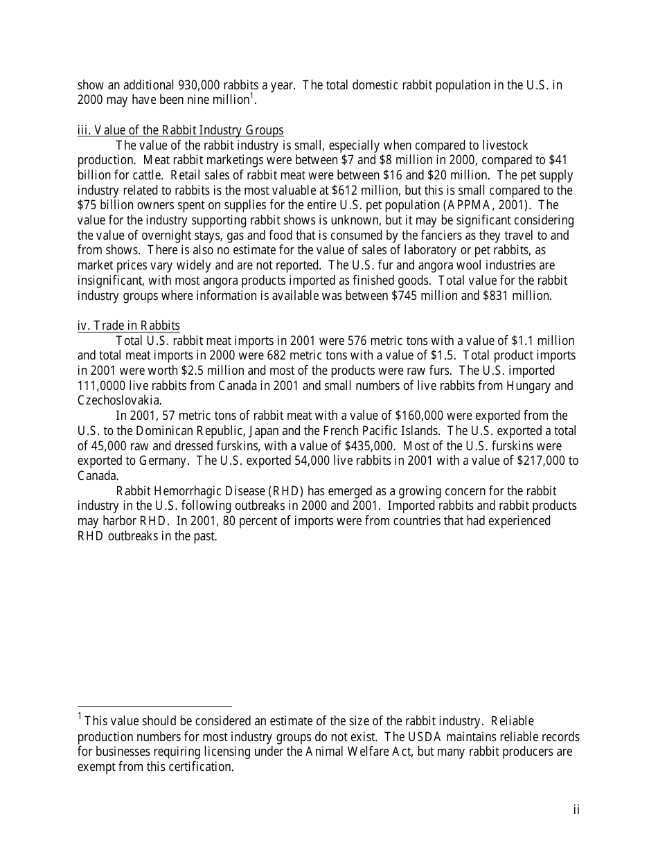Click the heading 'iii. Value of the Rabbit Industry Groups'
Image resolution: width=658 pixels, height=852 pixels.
pos(180,130)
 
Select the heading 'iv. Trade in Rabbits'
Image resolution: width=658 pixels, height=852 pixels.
pos(129,326)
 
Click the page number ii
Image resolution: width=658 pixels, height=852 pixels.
pos(576,810)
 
